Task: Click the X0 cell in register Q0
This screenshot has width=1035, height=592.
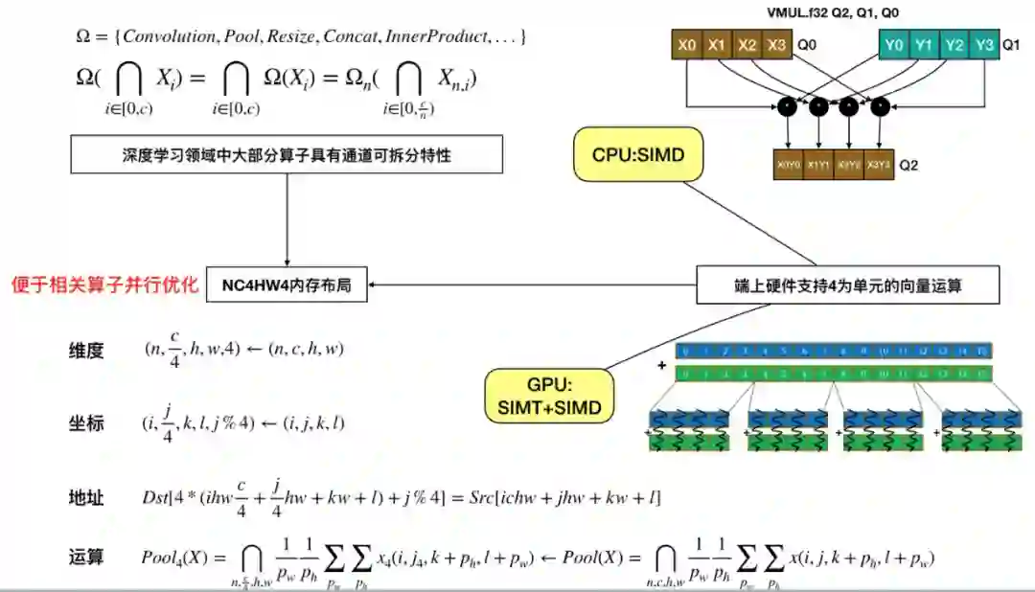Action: [687, 45]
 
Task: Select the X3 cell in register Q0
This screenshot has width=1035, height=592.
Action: [777, 45]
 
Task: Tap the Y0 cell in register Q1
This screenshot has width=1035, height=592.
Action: [894, 45]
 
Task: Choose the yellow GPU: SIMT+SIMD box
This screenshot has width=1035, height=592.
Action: [549, 398]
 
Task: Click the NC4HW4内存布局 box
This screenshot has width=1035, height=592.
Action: [287, 285]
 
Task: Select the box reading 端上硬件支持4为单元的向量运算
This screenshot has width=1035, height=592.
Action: [847, 285]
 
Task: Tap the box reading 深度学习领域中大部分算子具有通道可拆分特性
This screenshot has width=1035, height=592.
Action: [287, 154]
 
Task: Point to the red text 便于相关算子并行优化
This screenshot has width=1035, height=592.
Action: [104, 285]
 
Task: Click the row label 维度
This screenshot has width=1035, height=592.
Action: [86, 351]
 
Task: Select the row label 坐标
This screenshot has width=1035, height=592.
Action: [86, 424]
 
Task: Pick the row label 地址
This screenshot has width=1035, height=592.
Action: [86, 498]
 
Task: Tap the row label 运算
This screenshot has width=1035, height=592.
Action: [86, 556]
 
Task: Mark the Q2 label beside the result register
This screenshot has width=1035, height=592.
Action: [907, 165]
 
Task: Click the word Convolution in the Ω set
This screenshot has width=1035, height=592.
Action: [172, 37]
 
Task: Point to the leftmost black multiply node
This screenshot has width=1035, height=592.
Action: [788, 106]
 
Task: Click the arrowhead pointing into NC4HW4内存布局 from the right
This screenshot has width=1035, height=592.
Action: [375, 285]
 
